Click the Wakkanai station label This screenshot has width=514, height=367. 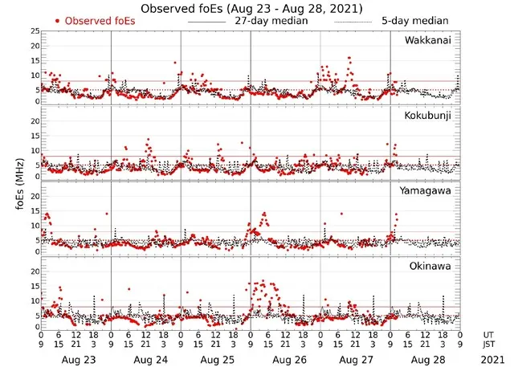click(427, 40)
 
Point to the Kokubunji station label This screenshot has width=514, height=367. click(427, 116)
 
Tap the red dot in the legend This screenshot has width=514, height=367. click(58, 21)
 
